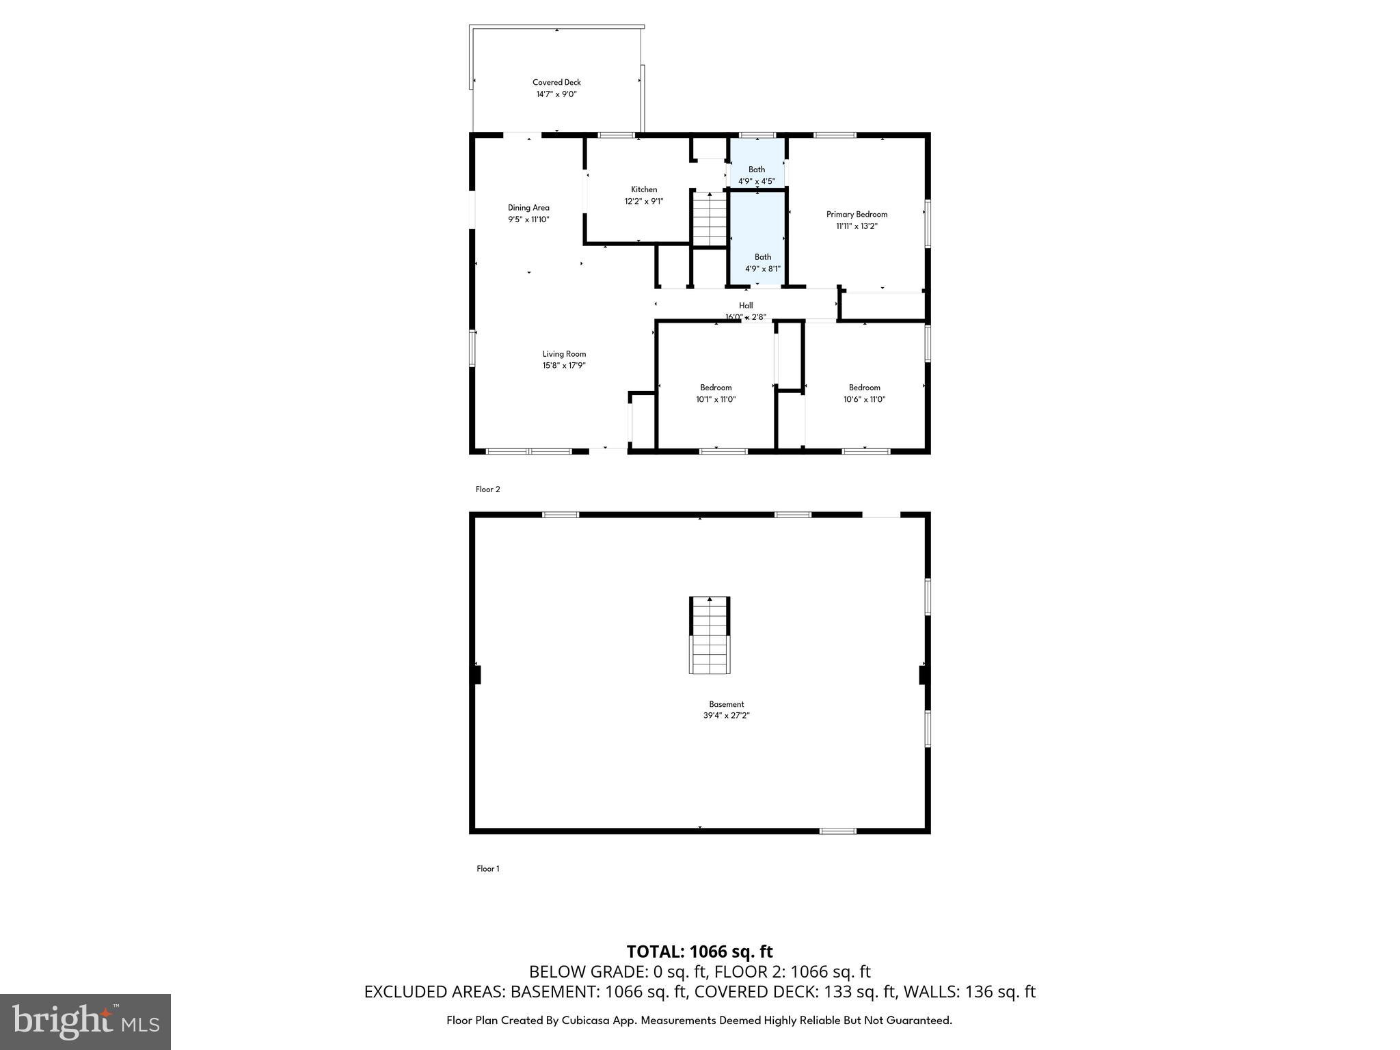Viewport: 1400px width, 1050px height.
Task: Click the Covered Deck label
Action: [556, 83]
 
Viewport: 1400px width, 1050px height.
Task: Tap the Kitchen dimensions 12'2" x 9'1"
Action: [643, 202]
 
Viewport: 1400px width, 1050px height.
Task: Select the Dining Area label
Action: [528, 208]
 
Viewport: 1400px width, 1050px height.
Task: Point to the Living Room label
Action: [564, 354]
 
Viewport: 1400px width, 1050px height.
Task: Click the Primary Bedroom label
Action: [857, 215]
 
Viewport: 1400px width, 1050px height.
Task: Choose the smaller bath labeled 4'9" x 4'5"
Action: [757, 176]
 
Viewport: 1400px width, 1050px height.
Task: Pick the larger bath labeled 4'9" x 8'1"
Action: [762, 263]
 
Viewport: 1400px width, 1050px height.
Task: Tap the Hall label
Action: [746, 306]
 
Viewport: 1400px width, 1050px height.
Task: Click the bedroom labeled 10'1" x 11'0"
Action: [716, 394]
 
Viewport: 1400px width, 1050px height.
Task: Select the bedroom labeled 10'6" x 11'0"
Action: [864, 394]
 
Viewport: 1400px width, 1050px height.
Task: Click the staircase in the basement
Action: [710, 635]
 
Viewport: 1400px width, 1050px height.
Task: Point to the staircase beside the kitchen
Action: [710, 219]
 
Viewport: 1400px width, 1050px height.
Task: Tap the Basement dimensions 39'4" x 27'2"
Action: [726, 716]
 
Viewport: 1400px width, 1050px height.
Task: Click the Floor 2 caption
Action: [488, 489]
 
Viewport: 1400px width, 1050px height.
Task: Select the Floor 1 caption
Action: [488, 869]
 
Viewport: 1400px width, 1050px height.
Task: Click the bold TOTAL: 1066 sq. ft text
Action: [699, 952]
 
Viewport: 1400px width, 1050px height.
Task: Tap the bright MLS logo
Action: [85, 1021]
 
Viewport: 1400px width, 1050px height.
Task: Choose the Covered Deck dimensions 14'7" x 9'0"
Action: [556, 94]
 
